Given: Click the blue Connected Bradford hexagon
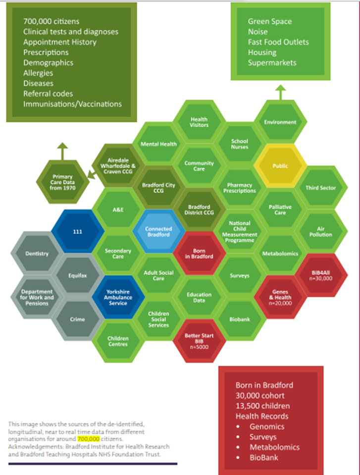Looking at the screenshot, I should point(158,232).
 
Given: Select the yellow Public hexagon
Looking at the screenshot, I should point(280,166).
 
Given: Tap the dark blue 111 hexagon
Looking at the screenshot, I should point(77,231).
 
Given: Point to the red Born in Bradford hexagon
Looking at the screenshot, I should point(199,253).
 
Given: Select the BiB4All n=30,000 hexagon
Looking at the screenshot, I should point(321,275).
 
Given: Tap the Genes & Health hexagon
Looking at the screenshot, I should point(280,297).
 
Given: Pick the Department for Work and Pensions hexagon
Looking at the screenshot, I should point(37,297).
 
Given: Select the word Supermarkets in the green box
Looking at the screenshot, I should point(272,63).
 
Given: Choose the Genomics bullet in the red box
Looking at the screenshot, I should point(267,426).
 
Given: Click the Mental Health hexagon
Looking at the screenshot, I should point(158,144).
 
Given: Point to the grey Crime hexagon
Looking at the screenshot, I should point(77,319).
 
